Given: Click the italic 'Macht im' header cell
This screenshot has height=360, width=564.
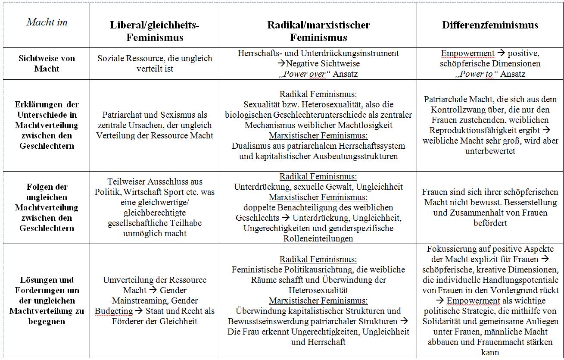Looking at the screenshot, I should coord(47,22).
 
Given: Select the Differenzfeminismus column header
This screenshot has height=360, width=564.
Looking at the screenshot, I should coord(490,25).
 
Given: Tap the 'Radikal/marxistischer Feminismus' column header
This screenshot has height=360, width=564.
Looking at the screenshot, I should coord(318,31).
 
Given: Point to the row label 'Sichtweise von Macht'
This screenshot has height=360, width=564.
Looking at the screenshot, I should coord(47,63).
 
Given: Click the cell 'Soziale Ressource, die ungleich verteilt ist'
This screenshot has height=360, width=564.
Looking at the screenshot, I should coord(155,63).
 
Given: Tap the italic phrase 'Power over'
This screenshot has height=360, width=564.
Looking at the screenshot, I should coord(309,74).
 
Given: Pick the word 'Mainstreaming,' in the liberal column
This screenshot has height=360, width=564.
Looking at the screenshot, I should coord(134,301).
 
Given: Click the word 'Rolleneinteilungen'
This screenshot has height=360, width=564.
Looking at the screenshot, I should coord(318,238).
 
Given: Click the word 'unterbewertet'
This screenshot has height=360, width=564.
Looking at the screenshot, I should coord(490,151).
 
